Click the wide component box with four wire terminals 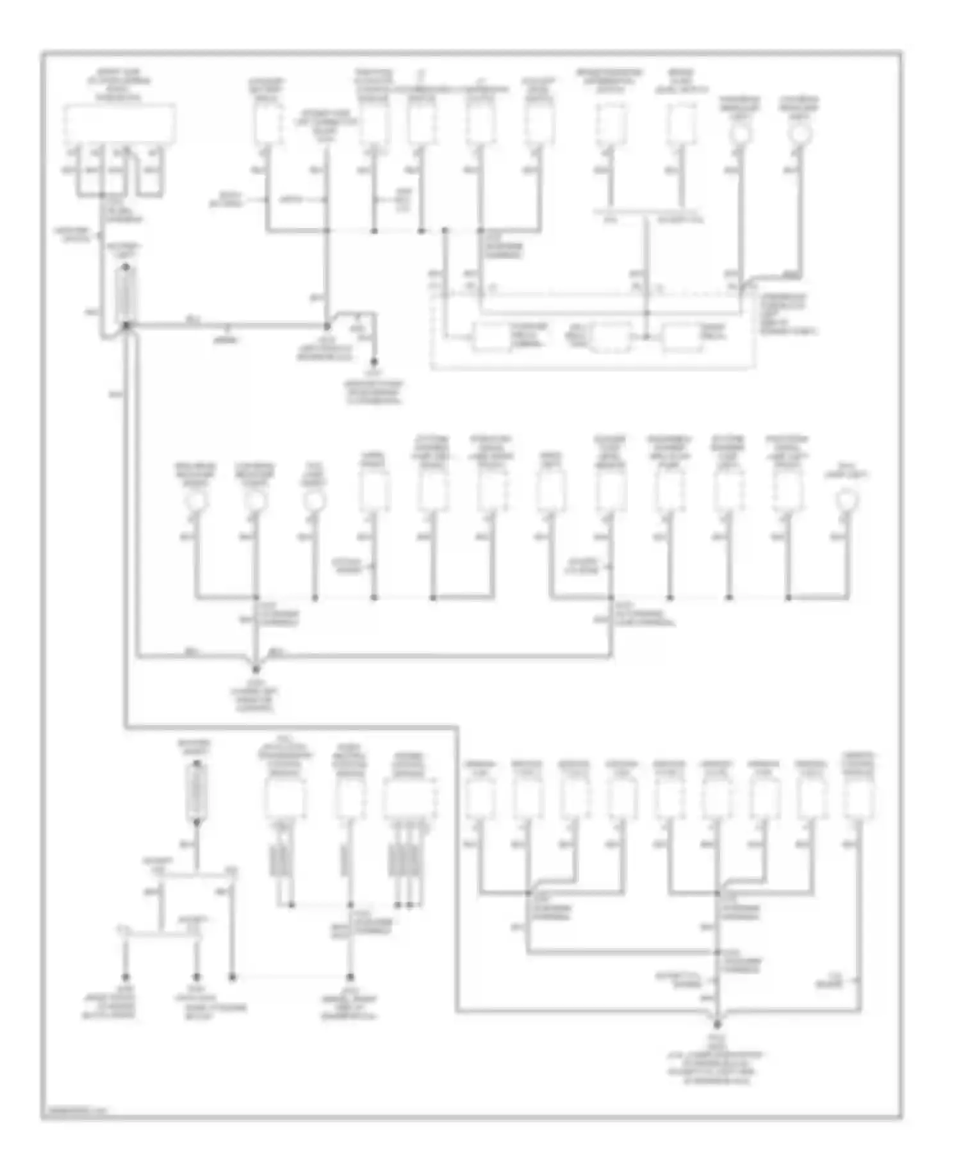[x=120, y=124]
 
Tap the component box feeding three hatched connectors [x=410, y=799]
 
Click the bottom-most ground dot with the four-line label [x=718, y=1024]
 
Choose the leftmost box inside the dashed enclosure [x=491, y=336]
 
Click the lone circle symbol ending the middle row [x=847, y=498]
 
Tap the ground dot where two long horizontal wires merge [x=256, y=669]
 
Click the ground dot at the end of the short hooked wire [x=374, y=361]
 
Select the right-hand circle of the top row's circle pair [x=800, y=133]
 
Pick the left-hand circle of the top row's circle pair [x=741, y=133]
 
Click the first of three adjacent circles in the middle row [x=196, y=501]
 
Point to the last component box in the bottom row [x=858, y=799]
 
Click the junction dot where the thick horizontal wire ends [x=327, y=325]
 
